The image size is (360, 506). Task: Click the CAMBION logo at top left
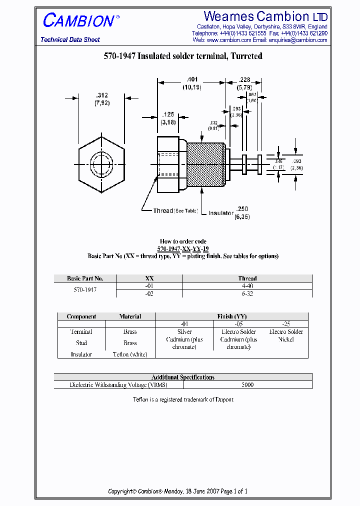coord(78,21)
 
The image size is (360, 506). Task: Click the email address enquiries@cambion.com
coord(298,40)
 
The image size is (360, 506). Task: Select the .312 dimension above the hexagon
coord(102,95)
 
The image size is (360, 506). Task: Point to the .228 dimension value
coord(244,79)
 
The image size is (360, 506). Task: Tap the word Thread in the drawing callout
coord(163,211)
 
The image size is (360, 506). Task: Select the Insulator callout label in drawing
coord(221,213)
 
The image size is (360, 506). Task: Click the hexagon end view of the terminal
coord(101,164)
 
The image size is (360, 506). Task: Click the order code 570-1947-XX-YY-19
coord(183,248)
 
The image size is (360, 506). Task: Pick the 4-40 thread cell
coord(247,286)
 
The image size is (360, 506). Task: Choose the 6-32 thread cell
coord(247,294)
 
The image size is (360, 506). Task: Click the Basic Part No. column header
coord(85,278)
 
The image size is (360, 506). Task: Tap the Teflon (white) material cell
coord(130,354)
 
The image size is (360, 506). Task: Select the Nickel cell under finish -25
coord(286,339)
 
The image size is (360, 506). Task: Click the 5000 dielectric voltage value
coord(247,385)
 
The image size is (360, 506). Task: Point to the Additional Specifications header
coord(183,377)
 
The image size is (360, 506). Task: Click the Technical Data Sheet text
coord(70,39)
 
